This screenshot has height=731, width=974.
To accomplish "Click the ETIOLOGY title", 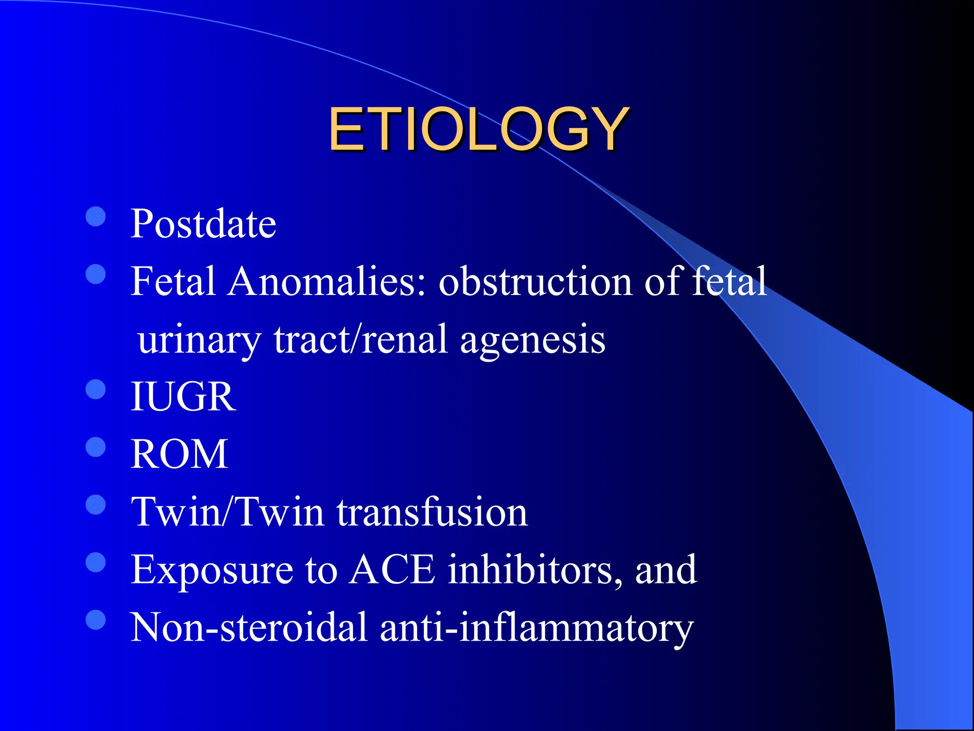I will [478, 129].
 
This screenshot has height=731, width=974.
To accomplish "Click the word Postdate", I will [203, 224].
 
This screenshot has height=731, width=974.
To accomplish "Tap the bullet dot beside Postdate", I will [96, 217].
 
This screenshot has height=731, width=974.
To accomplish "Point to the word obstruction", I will [536, 281].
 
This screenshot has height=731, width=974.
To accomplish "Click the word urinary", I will [199, 340].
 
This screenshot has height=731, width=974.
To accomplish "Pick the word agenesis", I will [533, 340].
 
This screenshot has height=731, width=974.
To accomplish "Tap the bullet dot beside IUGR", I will [96, 389].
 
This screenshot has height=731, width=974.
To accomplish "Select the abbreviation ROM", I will [179, 454].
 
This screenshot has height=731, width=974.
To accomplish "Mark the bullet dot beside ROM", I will [96, 447].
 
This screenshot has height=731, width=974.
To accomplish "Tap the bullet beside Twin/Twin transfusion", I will [96, 505].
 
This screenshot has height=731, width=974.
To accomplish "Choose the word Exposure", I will [212, 570].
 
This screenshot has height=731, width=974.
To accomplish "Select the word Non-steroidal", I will [249, 627].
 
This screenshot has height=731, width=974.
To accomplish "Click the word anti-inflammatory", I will [536, 627].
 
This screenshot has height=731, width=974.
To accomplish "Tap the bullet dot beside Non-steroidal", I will [96, 620].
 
